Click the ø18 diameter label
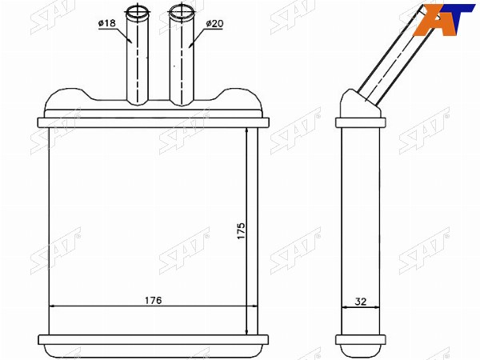click(107, 23)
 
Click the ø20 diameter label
click(214, 23)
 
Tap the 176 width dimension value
click(153, 300)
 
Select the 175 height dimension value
click(242, 231)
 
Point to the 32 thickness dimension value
click(361, 302)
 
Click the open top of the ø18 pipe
click(138, 12)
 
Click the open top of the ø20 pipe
click(182, 13)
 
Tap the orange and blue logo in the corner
click(444, 19)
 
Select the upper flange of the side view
click(361, 122)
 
